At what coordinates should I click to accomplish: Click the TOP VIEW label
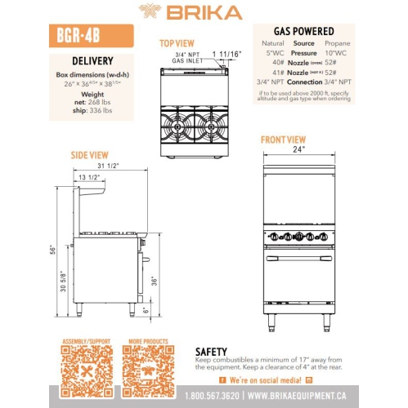pos(177,43)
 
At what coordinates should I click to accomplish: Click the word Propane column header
pos(338,42)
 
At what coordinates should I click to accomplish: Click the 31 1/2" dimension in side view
pos(107,166)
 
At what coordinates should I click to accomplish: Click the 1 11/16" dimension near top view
pos(227,54)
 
